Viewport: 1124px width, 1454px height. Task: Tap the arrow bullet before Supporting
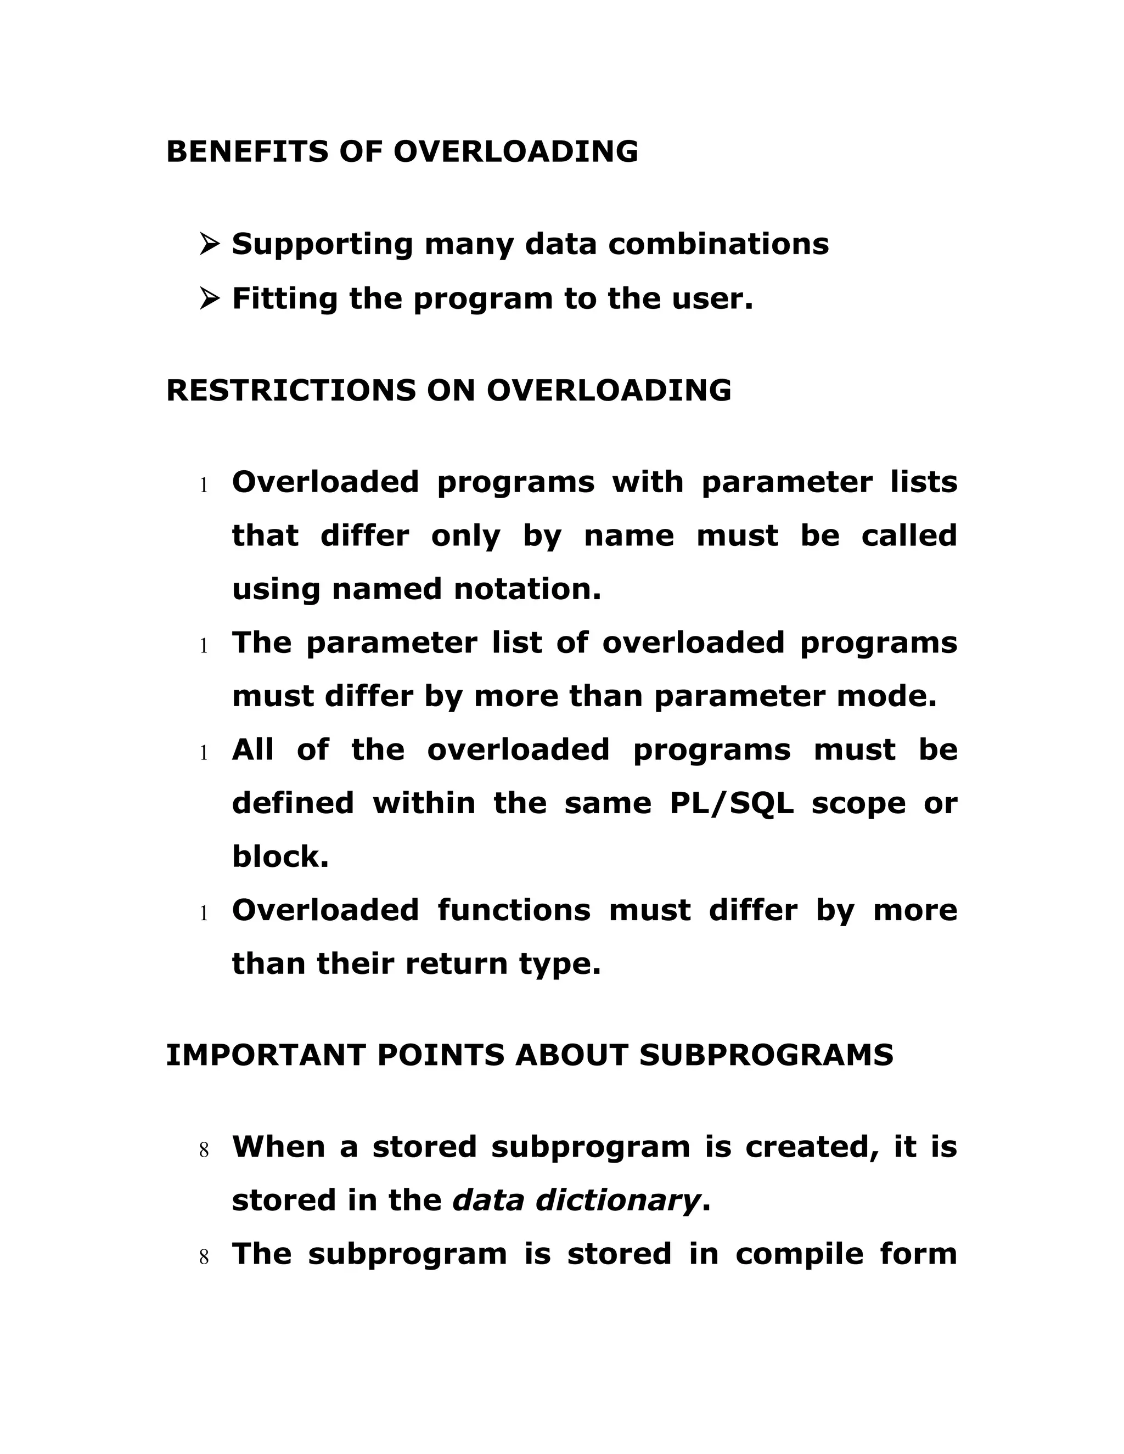tap(209, 244)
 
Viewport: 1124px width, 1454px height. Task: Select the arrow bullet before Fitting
tap(209, 299)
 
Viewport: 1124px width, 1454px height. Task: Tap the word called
tap(909, 536)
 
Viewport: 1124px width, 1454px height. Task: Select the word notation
tap(527, 590)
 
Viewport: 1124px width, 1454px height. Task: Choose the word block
tap(280, 857)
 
